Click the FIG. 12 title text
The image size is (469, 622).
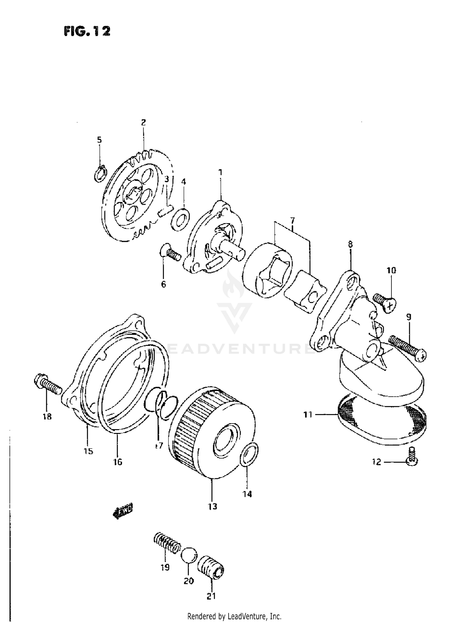pos(87,31)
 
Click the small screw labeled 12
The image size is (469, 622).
pos(412,458)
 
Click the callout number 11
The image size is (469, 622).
pos(308,415)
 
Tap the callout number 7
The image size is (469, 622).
pos(292,220)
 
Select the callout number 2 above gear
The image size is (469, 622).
pos(143,122)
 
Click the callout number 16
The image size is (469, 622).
pos(118,462)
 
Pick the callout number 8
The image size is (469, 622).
pos(350,244)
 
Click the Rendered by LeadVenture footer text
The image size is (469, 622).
pos(234,616)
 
